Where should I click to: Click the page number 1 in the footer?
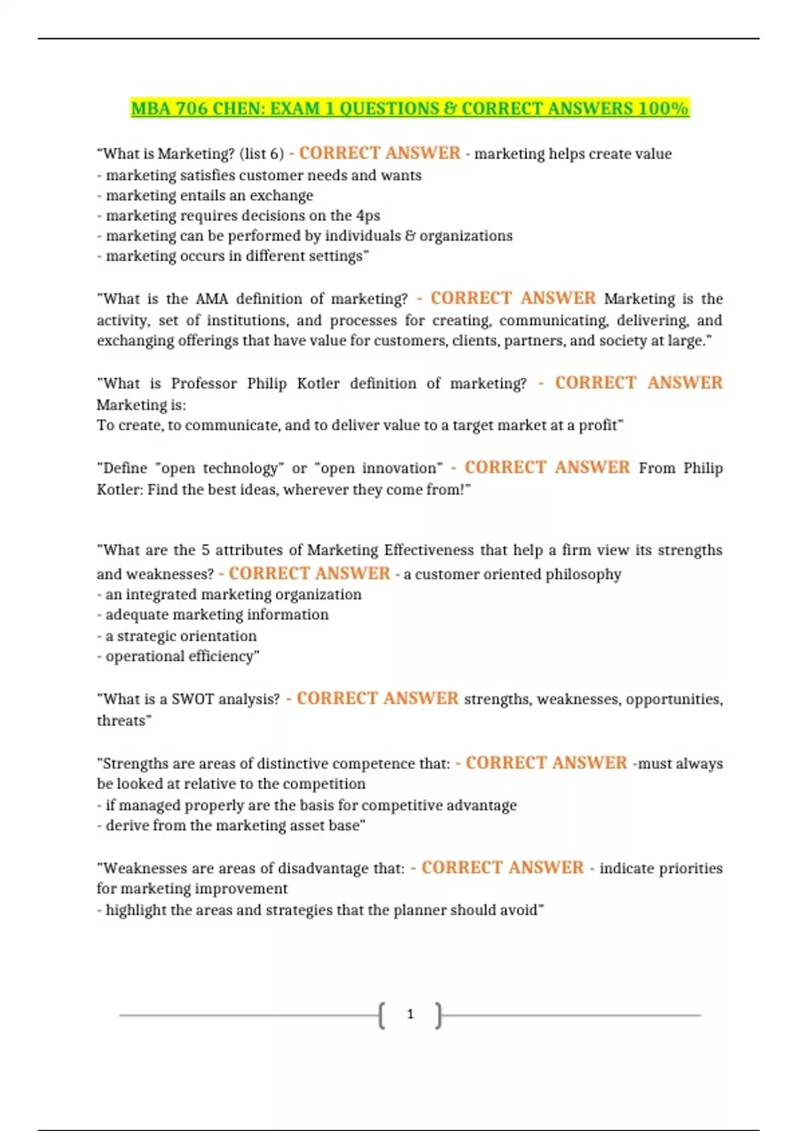click(410, 1015)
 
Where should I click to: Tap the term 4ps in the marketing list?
click(368, 216)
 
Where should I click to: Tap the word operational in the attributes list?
click(144, 657)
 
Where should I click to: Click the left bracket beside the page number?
click(382, 1015)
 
